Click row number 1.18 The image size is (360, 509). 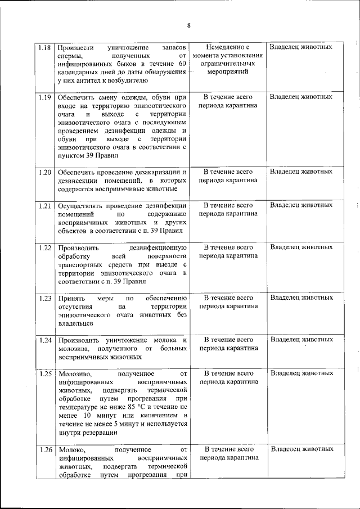[46, 47]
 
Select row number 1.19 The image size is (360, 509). [46, 97]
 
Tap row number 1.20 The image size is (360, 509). [46, 172]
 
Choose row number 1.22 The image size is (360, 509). [46, 247]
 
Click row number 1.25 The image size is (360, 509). [46, 373]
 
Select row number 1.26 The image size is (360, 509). [46, 449]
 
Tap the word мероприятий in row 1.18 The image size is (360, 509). [228, 72]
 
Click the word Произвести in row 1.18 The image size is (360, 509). [76, 47]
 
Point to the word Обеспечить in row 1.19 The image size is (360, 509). [77, 97]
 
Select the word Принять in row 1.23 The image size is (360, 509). [71, 298]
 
